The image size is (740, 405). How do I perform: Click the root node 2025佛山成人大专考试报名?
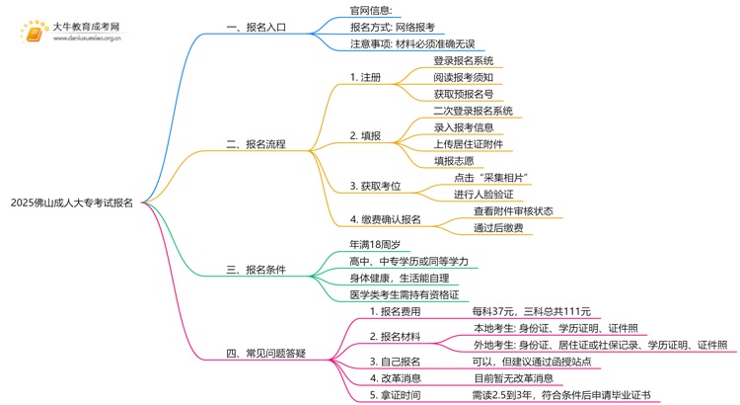72,202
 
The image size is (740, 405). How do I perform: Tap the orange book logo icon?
34,34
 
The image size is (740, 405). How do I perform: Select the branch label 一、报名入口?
257,28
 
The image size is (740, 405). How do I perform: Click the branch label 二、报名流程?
256,144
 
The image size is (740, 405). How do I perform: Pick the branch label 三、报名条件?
256,270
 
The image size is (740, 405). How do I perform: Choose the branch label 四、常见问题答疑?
265,354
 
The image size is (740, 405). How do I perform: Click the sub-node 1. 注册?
365,77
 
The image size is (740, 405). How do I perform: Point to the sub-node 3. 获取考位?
375,186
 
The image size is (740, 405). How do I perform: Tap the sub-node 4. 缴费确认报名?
385,219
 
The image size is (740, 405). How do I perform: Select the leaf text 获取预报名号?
464,94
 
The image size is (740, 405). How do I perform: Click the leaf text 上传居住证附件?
468,144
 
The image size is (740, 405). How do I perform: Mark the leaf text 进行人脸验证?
483,195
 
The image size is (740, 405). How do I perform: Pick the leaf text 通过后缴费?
498,228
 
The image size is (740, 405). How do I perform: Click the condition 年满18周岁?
375,244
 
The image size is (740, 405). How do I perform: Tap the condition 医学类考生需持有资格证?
405,295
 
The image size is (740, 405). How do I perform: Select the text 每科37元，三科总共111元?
532,311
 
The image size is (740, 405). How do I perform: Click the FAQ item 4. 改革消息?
395,378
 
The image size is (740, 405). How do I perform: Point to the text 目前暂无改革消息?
513,378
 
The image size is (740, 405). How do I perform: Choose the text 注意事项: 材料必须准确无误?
412,43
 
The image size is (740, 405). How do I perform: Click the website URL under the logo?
87,39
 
